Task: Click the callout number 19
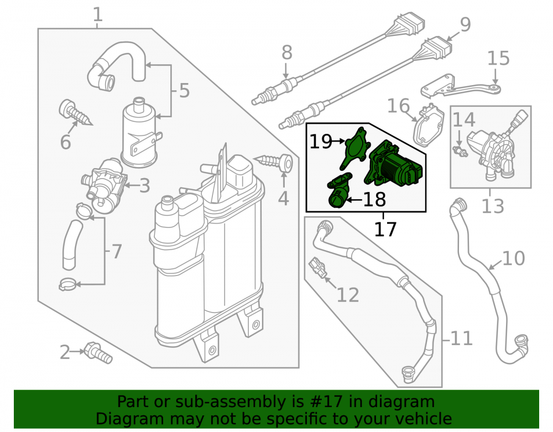point(321,142)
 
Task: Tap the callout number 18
point(374,200)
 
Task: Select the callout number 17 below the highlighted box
point(385,229)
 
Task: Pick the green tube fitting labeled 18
point(338,190)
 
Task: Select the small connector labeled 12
point(318,269)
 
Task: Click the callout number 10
point(513,258)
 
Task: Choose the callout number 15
point(498,58)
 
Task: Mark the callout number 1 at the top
point(98,15)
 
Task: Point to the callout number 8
point(286,53)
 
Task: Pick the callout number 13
point(493,206)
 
